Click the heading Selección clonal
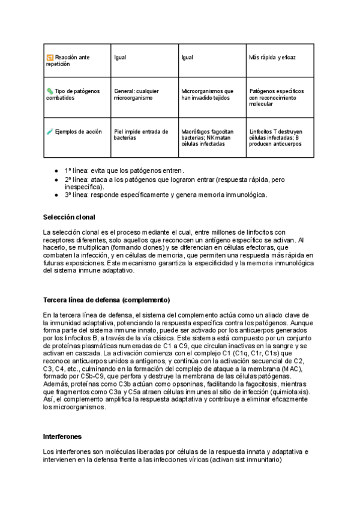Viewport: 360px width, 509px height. pos(70,217)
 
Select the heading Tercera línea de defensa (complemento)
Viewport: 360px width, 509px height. pos(107,300)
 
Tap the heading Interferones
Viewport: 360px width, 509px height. pos(63,436)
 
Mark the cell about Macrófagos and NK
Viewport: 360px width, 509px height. pos(208,138)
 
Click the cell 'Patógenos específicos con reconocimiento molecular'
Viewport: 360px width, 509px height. pos(277,97)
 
